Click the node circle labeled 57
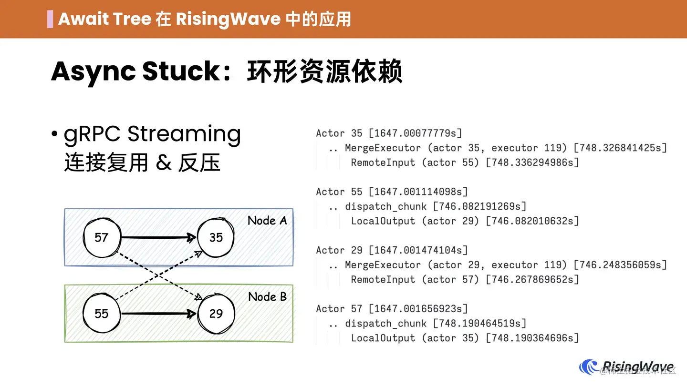pos(102,237)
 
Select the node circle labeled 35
pos(216,237)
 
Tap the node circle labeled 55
pos(102,314)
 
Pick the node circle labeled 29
pos(216,314)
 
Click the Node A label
pos(267,221)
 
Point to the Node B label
pos(267,297)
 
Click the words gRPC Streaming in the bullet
pos(152,134)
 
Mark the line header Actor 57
pos(339,309)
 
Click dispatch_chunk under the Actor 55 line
pos(385,206)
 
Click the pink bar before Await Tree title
pos(50,19)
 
